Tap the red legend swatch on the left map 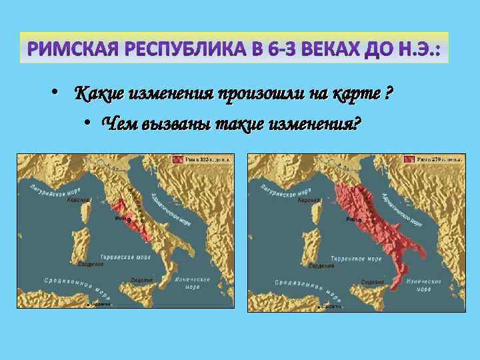click(x=178, y=159)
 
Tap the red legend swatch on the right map click(x=409, y=159)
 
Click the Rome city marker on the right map click(x=359, y=219)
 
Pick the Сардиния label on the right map click(x=321, y=265)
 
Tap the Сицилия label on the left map click(x=141, y=280)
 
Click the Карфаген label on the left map click(x=100, y=305)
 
